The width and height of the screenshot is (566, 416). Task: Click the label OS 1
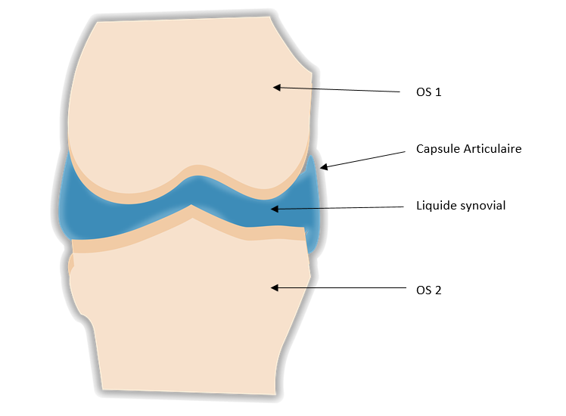(428, 92)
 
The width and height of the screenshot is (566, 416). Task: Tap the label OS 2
(428, 288)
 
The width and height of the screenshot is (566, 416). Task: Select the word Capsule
(437, 149)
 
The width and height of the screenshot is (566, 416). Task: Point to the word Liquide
(436, 206)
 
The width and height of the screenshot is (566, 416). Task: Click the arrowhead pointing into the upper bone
(278, 88)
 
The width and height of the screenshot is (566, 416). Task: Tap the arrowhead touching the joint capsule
(323, 167)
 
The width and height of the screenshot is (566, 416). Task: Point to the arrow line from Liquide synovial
(341, 207)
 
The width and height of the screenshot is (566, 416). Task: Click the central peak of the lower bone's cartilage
(194, 212)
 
